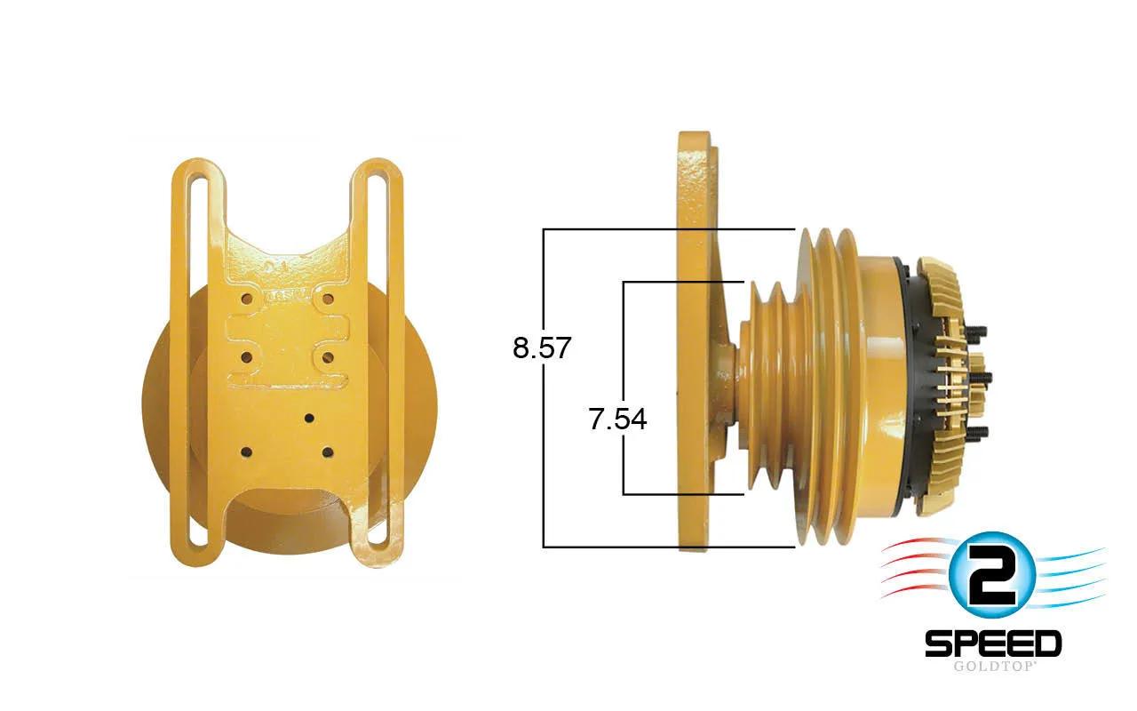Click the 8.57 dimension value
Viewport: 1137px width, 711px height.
point(542,348)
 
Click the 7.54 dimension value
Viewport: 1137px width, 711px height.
point(617,419)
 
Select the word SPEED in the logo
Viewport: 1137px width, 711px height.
point(993,643)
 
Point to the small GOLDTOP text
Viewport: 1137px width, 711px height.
point(993,667)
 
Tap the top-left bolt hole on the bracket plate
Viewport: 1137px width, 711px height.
point(247,300)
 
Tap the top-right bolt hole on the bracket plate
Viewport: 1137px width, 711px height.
point(328,300)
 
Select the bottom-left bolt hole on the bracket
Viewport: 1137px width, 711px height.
point(247,452)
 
